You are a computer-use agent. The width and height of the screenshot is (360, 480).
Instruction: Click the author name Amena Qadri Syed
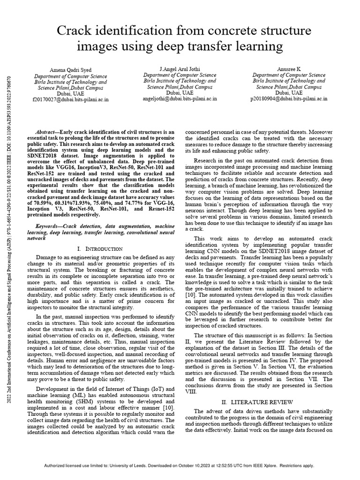70,69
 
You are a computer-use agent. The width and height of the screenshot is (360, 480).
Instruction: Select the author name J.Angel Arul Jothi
180,69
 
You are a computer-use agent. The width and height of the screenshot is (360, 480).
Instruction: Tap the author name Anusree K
289,69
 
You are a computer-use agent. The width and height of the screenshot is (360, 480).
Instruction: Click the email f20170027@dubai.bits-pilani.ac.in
70,99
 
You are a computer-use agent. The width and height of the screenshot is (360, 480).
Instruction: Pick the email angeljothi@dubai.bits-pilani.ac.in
180,99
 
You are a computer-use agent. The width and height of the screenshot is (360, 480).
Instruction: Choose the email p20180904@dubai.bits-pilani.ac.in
289,99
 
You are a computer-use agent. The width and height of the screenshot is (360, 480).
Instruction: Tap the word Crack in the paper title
78,31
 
